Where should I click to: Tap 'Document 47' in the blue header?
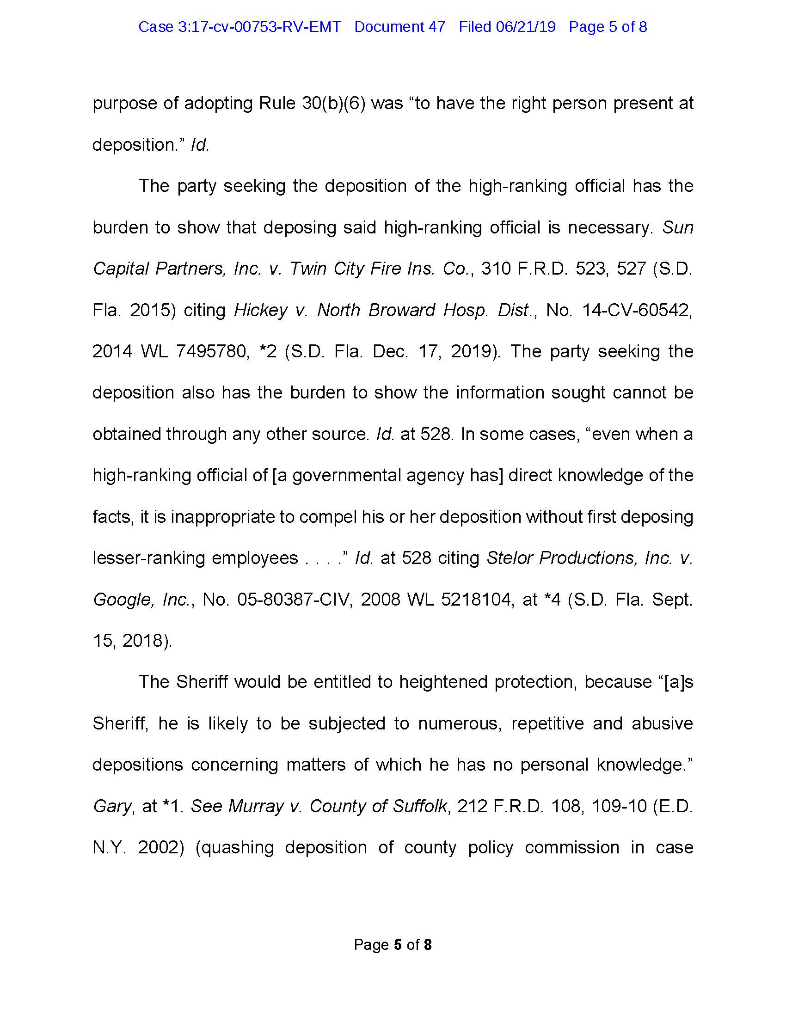pyautogui.click(x=399, y=27)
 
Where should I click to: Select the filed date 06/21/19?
pyautogui.click(x=526, y=27)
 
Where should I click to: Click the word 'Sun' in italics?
pyautogui.click(x=678, y=227)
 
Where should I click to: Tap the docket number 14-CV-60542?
pyautogui.click(x=638, y=310)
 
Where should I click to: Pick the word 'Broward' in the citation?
pyautogui.click(x=401, y=310)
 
